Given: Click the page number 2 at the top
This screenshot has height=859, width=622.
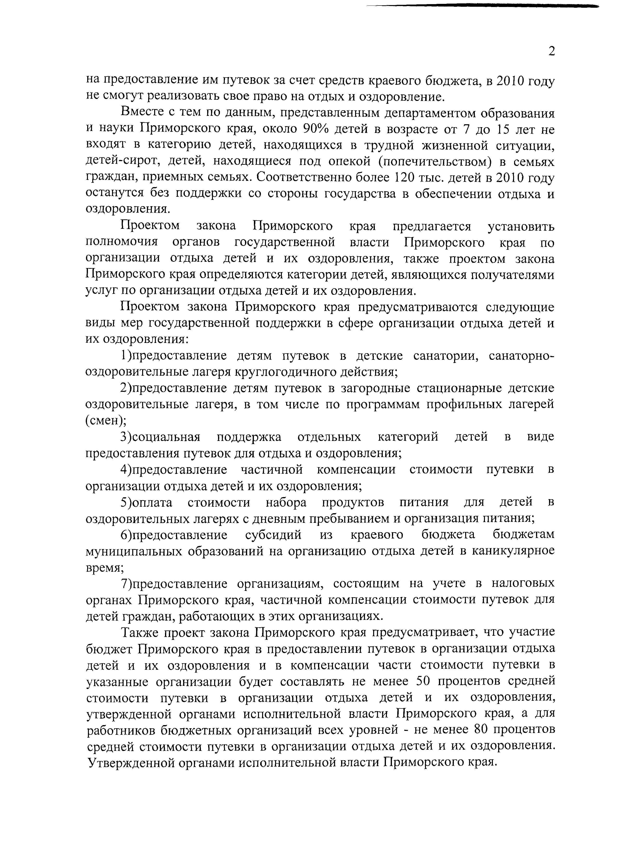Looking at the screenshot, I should coord(551,51).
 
